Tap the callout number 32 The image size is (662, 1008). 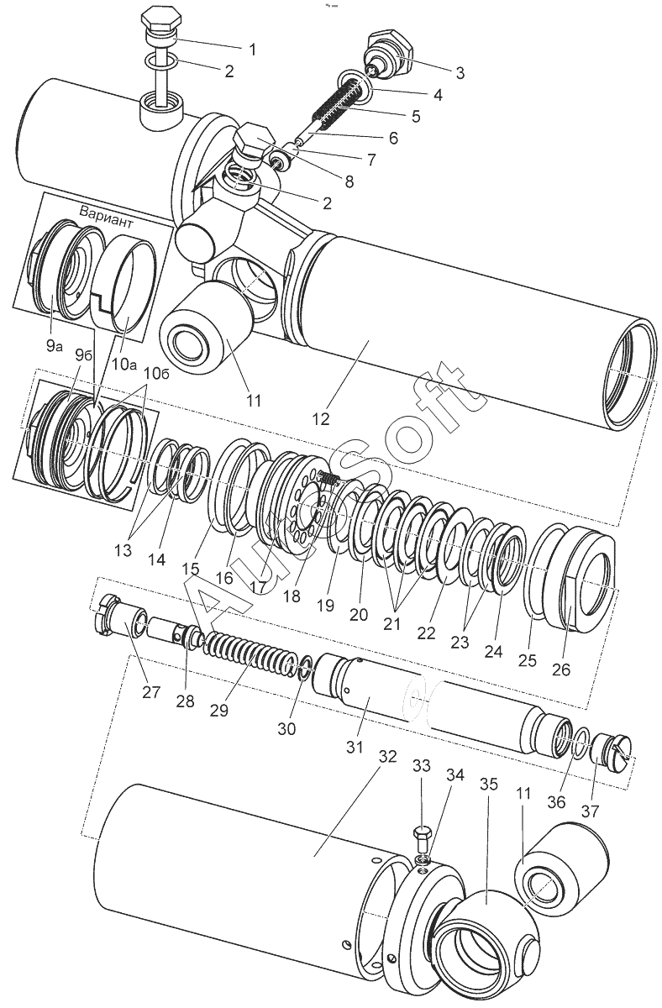[387, 756]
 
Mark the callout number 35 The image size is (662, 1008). [489, 784]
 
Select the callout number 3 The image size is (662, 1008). [460, 73]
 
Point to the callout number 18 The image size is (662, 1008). [292, 596]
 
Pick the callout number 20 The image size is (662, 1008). [359, 614]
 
